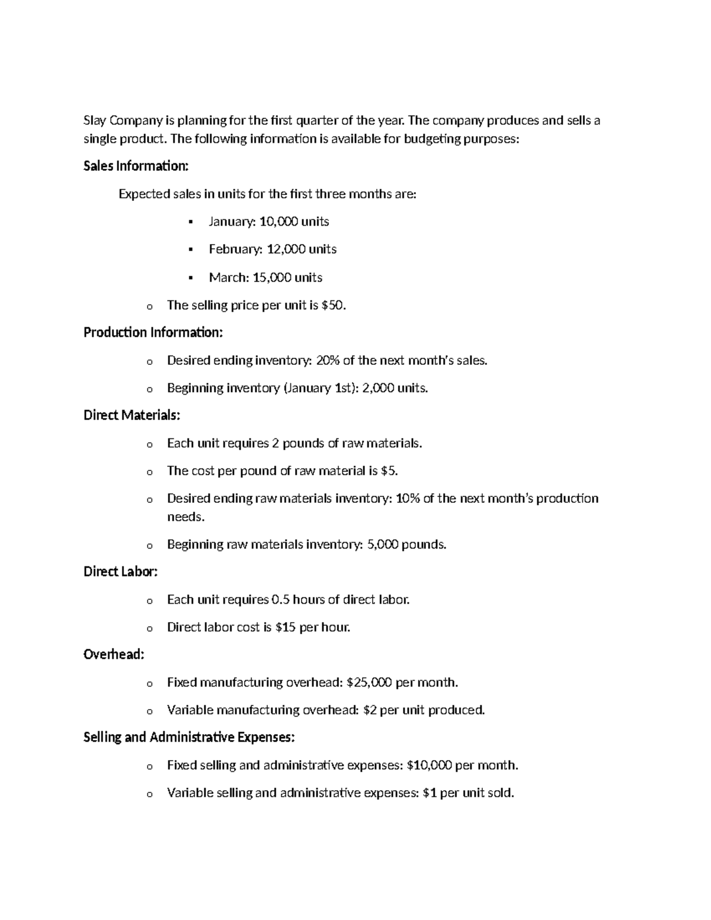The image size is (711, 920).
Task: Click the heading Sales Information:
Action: pyautogui.click(x=136, y=166)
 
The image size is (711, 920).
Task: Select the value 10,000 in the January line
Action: pyautogui.click(x=278, y=222)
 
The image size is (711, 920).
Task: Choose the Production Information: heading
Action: pyautogui.click(x=153, y=332)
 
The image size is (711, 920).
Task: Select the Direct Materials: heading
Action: pyautogui.click(x=132, y=415)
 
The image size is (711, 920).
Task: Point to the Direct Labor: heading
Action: pyautogui.click(x=120, y=572)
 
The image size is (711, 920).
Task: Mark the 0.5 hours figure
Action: pyautogui.click(x=280, y=600)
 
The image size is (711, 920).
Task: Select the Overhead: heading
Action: pyautogui.click(x=114, y=655)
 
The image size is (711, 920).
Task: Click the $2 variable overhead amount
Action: pyautogui.click(x=370, y=710)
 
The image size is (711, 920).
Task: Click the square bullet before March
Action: pyautogui.click(x=191, y=277)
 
